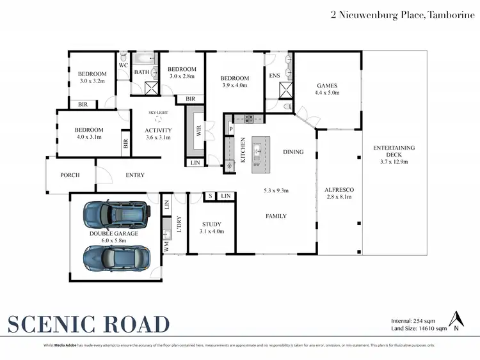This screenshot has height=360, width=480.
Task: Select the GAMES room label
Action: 326,85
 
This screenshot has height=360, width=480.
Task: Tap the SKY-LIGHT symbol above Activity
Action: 157,119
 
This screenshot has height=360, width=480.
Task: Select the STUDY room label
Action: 211,224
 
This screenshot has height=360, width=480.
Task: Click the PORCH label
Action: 70,175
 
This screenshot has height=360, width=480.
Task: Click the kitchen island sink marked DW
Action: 256,153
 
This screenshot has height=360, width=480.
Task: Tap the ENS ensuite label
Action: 273,76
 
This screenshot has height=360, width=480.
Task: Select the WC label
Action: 123,65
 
